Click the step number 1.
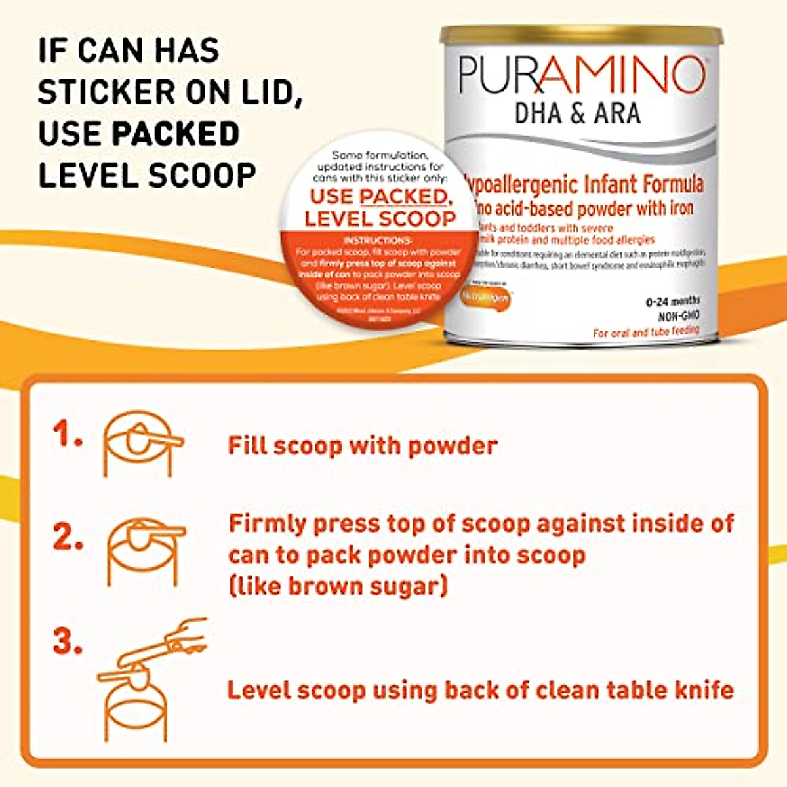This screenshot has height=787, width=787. [68, 434]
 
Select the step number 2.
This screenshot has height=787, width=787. [68, 538]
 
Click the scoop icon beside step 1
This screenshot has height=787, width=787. [141, 443]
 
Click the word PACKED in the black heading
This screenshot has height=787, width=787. [176, 133]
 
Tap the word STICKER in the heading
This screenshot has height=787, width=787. [106, 92]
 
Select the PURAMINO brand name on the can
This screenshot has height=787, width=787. [581, 75]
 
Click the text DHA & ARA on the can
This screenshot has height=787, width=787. [577, 113]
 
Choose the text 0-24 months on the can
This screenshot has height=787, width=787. [673, 302]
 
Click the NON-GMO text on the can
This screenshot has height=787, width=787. [678, 316]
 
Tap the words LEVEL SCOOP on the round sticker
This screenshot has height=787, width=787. [380, 218]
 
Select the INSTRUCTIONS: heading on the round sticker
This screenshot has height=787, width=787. [378, 241]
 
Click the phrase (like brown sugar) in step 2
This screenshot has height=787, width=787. [338, 586]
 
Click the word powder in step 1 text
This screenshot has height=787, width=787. [453, 446]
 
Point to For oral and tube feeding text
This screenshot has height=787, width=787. [645, 333]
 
